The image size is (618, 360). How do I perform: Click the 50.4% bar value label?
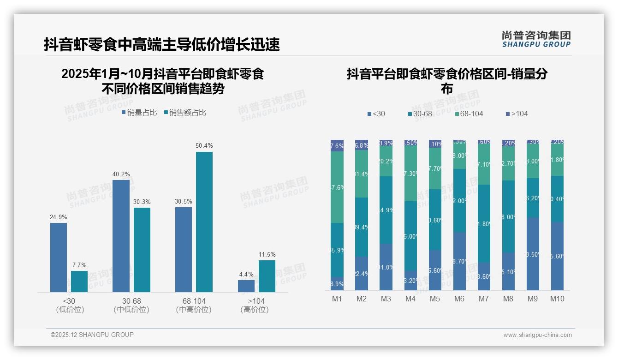click(x=204, y=146)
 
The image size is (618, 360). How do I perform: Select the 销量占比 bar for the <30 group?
click(x=59, y=257)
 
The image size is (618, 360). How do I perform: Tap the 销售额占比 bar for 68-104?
click(x=204, y=222)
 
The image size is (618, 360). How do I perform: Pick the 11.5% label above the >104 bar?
click(x=267, y=255)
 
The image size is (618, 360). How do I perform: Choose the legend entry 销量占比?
click(x=140, y=113)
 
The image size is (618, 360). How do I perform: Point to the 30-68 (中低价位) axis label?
click(x=131, y=305)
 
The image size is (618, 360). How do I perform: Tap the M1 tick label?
click(x=337, y=299)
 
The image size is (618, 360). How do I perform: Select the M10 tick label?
click(x=557, y=299)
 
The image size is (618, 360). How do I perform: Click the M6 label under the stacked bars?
click(x=459, y=299)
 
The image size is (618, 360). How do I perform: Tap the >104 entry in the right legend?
click(x=517, y=114)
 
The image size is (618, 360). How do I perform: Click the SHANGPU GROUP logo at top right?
click(x=536, y=39)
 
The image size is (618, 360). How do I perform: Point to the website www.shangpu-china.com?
click(x=537, y=335)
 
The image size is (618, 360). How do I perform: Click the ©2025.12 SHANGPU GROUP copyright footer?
click(x=92, y=335)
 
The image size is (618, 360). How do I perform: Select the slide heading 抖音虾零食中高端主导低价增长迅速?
click(x=162, y=45)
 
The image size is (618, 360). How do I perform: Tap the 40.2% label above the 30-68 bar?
click(x=121, y=174)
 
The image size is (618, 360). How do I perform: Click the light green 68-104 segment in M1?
click(x=337, y=187)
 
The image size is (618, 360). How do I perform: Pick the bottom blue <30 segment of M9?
click(x=533, y=254)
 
